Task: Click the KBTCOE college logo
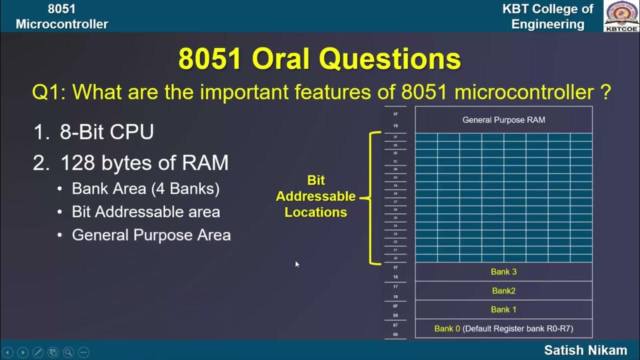point(621,16)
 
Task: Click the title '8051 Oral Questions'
point(319,59)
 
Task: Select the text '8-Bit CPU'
point(106,132)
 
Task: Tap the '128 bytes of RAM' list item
point(144,163)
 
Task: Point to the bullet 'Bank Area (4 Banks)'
point(145,188)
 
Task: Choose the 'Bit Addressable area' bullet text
point(145,211)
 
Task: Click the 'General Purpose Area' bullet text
point(151,235)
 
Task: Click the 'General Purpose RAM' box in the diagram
point(503,120)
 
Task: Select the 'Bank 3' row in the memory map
point(503,271)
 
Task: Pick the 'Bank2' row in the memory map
point(503,290)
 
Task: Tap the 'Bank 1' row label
point(503,309)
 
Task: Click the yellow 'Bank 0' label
point(446,328)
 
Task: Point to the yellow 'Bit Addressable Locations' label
point(316,196)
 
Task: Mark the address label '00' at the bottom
point(395,334)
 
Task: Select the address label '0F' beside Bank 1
point(395,306)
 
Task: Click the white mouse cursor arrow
point(297,264)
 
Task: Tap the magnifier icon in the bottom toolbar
point(68,351)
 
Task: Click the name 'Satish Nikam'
point(585,350)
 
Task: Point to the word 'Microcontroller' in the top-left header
point(61,24)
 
